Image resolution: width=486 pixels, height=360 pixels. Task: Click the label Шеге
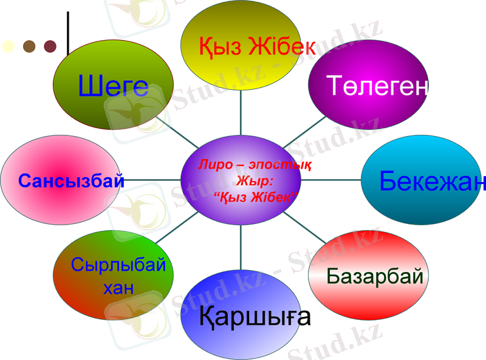(x=113, y=87)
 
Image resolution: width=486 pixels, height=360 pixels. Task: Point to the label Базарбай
(x=374, y=276)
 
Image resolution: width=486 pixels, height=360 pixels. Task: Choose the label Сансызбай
(x=71, y=180)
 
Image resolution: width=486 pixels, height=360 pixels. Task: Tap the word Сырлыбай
(x=118, y=265)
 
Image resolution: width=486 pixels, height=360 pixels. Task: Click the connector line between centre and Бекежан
(x=332, y=180)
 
